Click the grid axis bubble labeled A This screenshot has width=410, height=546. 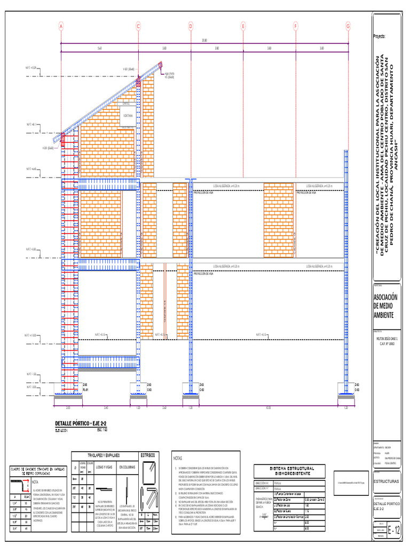point(61,26)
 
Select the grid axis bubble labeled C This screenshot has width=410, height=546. point(138,26)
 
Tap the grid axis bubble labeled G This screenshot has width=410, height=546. point(348,26)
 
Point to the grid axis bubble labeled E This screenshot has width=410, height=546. point(243,26)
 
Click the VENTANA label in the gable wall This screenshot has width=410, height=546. point(128,115)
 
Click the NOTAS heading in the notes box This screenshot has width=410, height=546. point(178,458)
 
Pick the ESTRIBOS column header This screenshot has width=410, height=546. point(148,455)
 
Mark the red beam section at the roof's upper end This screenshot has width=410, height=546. point(139,82)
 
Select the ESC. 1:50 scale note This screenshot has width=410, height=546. point(102,429)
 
